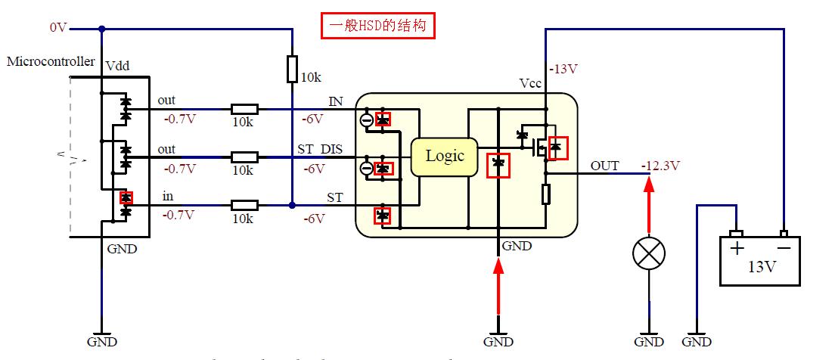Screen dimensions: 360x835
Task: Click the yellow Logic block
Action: (444, 157)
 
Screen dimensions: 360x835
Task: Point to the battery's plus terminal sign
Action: (734, 247)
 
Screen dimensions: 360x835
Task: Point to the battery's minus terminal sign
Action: (784, 247)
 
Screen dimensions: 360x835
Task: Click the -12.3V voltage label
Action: (660, 166)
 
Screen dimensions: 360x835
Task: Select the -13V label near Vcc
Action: (563, 69)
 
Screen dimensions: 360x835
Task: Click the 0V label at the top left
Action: (58, 28)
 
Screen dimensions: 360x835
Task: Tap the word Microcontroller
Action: (51, 61)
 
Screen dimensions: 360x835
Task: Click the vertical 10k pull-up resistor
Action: (293, 69)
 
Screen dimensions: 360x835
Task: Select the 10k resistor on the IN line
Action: (244, 110)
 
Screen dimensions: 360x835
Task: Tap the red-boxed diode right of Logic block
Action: (498, 163)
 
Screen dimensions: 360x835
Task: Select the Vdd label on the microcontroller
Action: (117, 67)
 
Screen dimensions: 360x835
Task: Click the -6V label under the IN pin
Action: (312, 119)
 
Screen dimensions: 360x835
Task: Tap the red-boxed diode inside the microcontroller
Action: (126, 197)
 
